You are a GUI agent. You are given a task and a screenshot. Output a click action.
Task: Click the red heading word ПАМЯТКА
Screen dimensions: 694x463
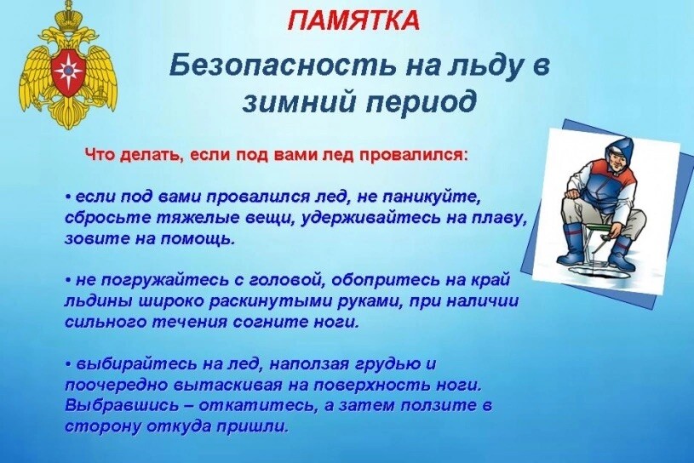click(353, 20)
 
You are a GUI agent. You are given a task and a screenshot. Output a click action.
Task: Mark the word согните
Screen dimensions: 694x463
click(272, 322)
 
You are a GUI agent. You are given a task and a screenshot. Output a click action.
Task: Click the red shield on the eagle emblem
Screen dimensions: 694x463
click(68, 69)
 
